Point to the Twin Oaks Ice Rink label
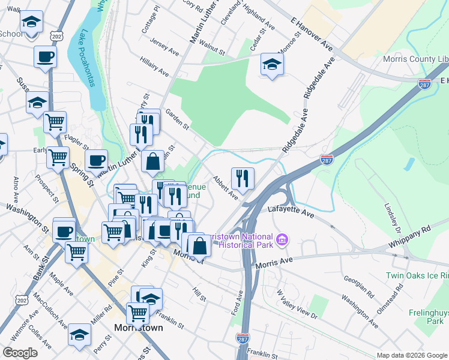coord(417,275)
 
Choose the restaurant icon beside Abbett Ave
coord(243,177)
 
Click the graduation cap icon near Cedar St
coord(272,64)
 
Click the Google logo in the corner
coord(20,353)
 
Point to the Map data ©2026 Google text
coord(411,355)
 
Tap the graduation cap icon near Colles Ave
coord(79,334)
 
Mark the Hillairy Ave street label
coord(155,67)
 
